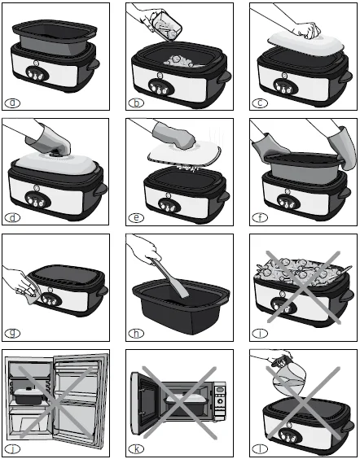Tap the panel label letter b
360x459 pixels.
tap(136, 103)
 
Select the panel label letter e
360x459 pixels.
tap(136, 218)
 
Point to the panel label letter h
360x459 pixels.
tap(136, 334)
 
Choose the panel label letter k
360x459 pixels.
tap(136, 448)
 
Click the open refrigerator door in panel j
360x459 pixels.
tap(94, 403)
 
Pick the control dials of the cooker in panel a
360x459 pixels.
tap(34, 69)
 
